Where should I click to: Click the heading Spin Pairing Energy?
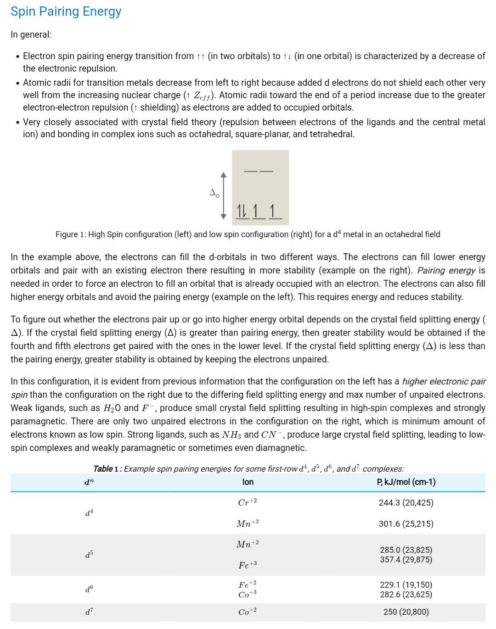[66, 11]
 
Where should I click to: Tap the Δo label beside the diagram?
[214, 193]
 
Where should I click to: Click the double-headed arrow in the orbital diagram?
[224, 195]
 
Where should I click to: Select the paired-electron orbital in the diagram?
[242, 212]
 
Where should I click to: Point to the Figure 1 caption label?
[71, 234]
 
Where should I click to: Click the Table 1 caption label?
[107, 469]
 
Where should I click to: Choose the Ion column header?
[248, 482]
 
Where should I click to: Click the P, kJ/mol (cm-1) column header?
[406, 482]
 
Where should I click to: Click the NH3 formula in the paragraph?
[231, 434]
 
